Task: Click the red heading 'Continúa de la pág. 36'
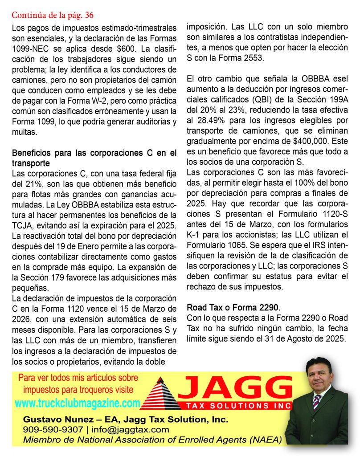53,15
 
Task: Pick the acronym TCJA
22,225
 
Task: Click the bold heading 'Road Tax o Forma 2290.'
234,307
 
